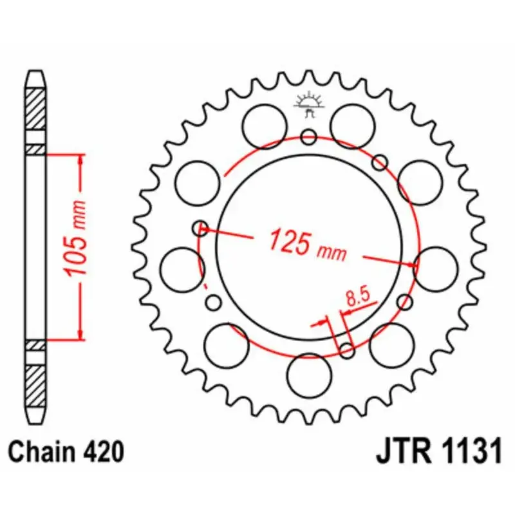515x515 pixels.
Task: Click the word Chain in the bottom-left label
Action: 46,452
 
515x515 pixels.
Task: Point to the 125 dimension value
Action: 289,241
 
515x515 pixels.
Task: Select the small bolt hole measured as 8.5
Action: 346,350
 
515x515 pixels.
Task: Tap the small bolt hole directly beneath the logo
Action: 309,136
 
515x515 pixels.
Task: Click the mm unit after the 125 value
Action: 332,252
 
